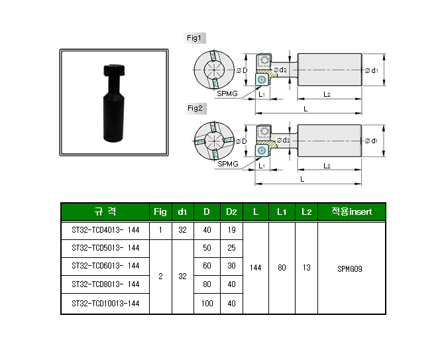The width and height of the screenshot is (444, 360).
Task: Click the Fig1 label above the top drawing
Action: [197, 38]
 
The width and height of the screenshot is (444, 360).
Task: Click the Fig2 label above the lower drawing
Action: [197, 108]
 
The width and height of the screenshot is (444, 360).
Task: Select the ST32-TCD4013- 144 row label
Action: [105, 231]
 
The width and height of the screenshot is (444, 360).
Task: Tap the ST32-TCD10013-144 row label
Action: [105, 304]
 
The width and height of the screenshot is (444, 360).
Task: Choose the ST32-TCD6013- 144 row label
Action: [105, 266]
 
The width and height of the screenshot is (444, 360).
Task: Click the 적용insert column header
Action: [351, 212]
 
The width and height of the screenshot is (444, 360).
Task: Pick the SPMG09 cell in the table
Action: [351, 269]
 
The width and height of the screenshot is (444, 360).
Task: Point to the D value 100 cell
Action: [207, 304]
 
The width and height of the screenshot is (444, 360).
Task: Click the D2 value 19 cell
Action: [231, 231]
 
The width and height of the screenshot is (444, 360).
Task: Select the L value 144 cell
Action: [255, 269]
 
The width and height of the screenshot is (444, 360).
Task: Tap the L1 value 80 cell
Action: [282, 269]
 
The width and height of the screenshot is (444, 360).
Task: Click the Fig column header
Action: [160, 212]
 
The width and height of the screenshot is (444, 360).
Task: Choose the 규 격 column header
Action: [105, 212]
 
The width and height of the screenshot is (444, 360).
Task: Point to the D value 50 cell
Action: [207, 248]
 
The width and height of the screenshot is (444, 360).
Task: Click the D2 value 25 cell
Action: [231, 248]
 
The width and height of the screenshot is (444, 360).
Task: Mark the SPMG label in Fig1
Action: [227, 93]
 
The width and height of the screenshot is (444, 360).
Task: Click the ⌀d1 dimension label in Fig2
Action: [370, 141]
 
